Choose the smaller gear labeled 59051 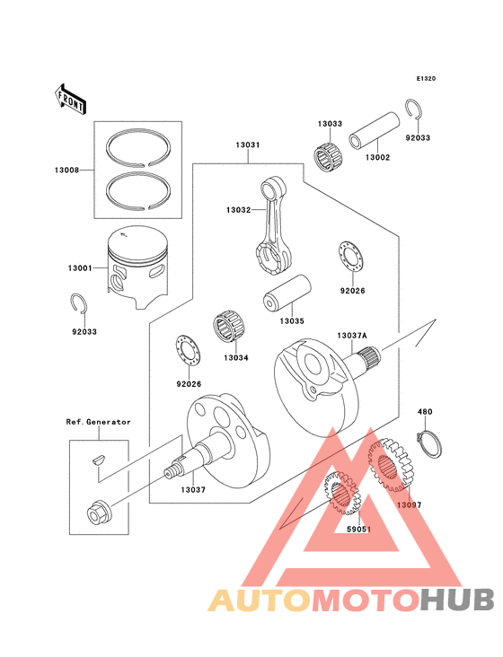point(341,492)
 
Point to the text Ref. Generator point(97,422)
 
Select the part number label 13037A point(351,336)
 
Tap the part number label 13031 point(248,145)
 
